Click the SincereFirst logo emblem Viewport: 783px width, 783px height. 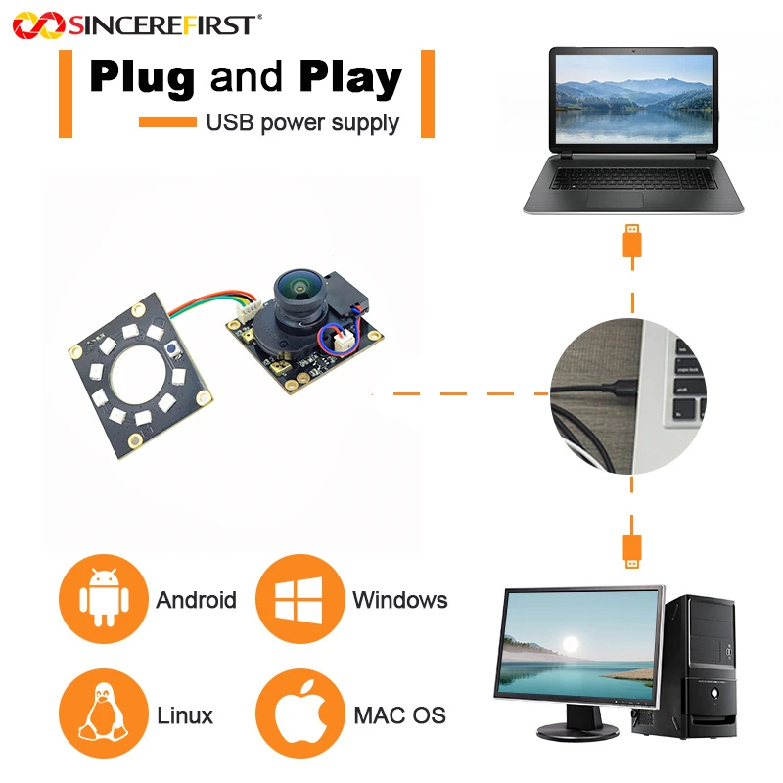[x=38, y=25]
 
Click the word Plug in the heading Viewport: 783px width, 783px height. [x=142, y=78]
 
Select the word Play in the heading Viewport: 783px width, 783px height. [x=350, y=78]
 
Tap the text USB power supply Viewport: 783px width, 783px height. [x=302, y=123]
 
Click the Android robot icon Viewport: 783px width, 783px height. [x=105, y=598]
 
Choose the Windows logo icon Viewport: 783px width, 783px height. [x=299, y=599]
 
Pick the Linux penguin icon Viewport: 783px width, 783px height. [x=104, y=712]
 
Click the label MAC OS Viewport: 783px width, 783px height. [x=399, y=715]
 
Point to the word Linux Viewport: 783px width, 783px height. [x=185, y=715]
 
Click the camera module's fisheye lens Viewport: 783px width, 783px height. [x=299, y=290]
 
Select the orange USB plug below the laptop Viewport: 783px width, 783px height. [x=632, y=241]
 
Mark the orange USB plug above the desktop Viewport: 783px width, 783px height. [x=632, y=551]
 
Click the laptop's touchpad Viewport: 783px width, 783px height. [x=615, y=201]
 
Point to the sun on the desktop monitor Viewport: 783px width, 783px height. [x=571, y=644]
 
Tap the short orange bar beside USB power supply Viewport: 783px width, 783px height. [x=167, y=122]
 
